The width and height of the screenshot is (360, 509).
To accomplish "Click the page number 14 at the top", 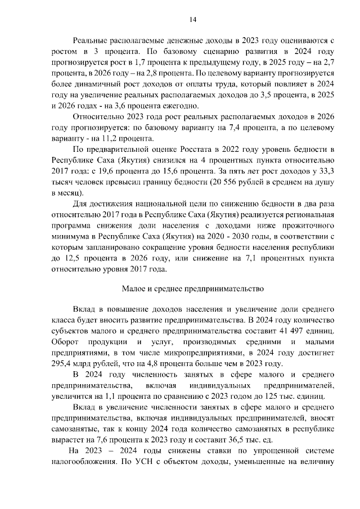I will point(192,20).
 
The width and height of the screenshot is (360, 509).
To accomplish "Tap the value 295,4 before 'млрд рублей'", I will point(60,364).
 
